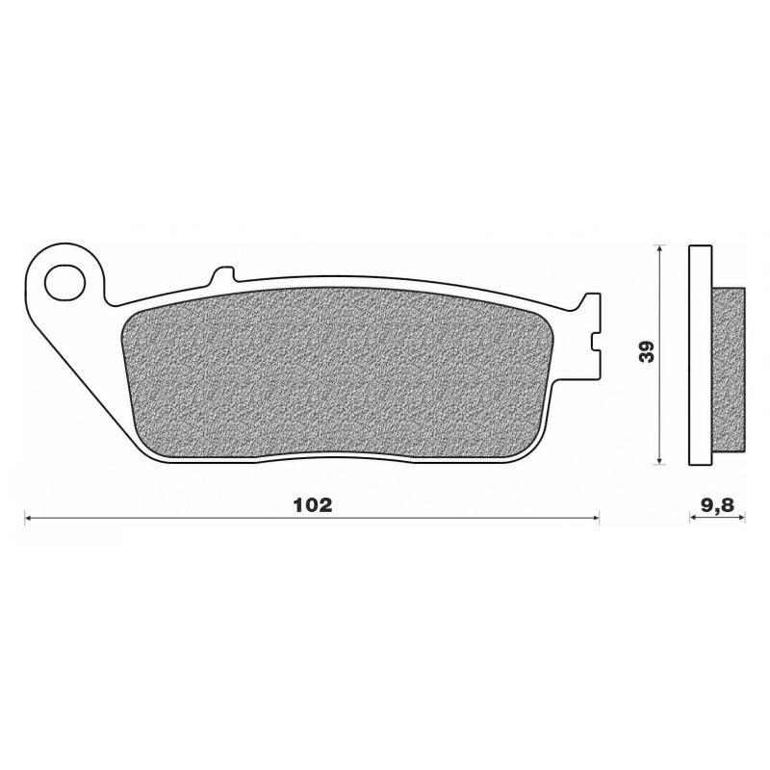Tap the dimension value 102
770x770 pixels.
coord(313,504)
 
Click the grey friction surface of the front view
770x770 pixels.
coord(337,375)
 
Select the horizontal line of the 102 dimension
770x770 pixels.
coord(192,519)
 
